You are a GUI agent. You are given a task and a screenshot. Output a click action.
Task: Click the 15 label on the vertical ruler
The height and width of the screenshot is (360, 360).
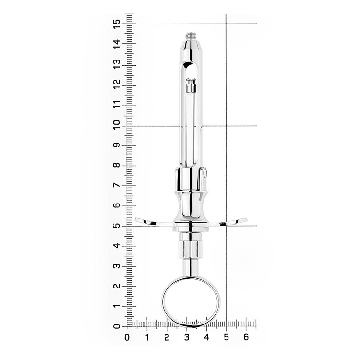click(x=117, y=24)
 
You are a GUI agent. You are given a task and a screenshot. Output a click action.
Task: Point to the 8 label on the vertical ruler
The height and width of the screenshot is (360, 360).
click(x=117, y=165)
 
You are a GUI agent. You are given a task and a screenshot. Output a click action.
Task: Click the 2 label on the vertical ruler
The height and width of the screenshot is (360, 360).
click(x=117, y=286)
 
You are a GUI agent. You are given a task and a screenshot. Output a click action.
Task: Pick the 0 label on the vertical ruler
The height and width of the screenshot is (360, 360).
click(x=117, y=326)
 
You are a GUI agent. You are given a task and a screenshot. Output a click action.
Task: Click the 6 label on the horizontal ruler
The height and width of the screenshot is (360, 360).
click(x=246, y=337)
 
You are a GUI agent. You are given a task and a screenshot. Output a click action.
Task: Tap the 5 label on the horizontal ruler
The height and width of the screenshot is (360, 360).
click(x=226, y=337)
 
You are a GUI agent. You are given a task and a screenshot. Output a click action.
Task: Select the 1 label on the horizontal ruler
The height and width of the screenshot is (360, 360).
click(x=147, y=337)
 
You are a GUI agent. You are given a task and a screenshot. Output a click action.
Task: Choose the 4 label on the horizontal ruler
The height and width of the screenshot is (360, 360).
click(x=206, y=337)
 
